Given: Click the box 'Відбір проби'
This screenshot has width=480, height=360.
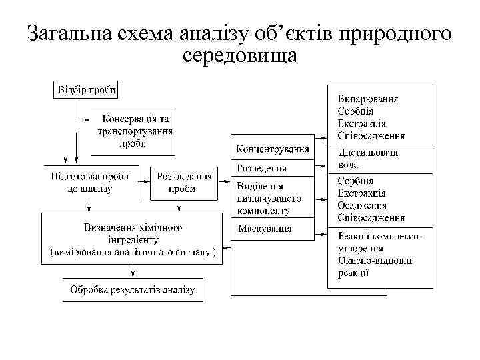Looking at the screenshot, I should (x=87, y=89).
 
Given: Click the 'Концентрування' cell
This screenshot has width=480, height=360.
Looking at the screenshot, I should (x=273, y=148).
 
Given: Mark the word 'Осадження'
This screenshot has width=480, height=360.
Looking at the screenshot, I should (x=363, y=205).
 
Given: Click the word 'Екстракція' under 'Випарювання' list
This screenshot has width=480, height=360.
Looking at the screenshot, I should (x=361, y=123).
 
